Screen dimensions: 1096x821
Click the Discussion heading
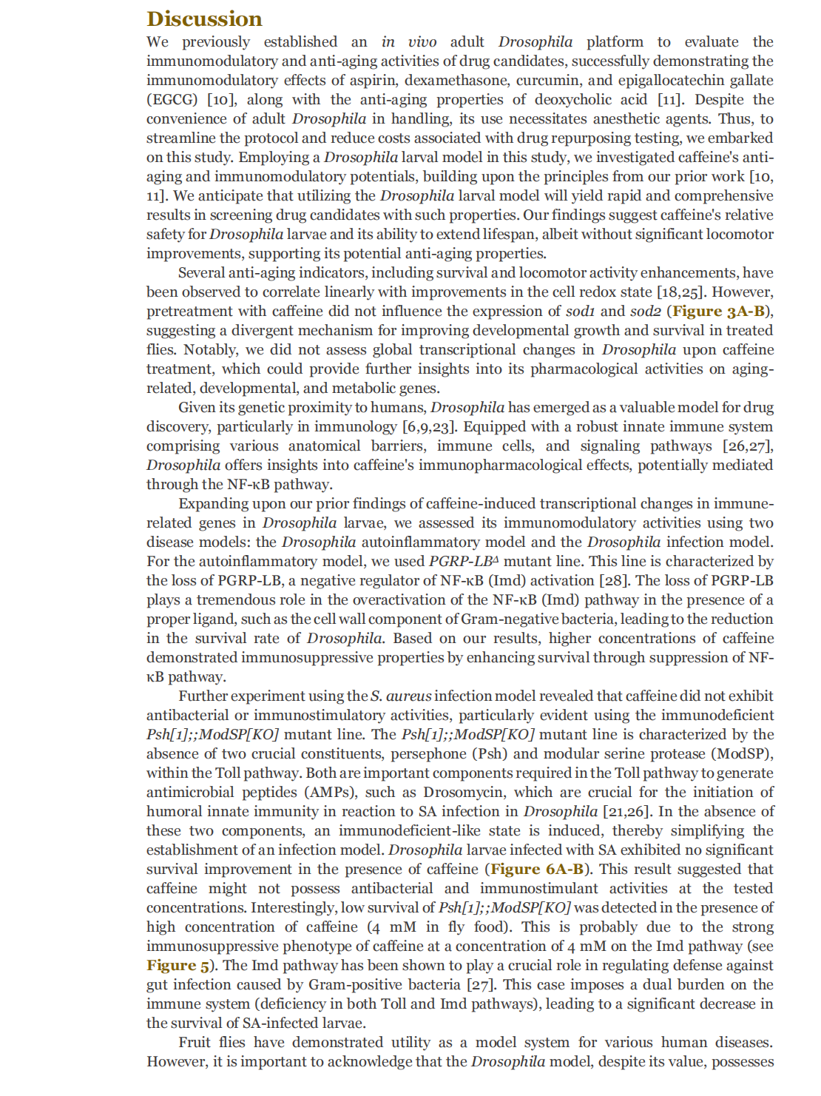[204, 19]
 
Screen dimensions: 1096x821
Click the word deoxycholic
[575, 100]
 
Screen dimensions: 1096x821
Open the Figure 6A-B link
[536, 870]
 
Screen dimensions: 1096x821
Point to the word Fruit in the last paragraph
[195, 1043]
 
